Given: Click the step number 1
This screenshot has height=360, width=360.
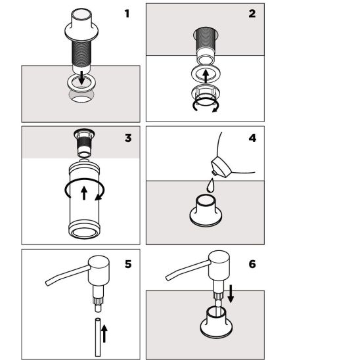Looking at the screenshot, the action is pyautogui.click(x=127, y=14).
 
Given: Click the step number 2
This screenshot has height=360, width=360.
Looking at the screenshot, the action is pyautogui.click(x=252, y=14).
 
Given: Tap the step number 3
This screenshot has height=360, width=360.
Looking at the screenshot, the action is pyautogui.click(x=128, y=138).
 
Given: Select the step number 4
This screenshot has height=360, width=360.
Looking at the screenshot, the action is pyautogui.click(x=252, y=138).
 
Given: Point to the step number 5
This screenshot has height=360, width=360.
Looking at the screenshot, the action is pyautogui.click(x=128, y=264).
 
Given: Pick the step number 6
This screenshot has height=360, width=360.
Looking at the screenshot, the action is pyautogui.click(x=252, y=264).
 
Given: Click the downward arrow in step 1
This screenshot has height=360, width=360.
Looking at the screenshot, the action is pyautogui.click(x=81, y=78).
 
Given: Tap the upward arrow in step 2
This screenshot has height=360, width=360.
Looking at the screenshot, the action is pyautogui.click(x=206, y=76).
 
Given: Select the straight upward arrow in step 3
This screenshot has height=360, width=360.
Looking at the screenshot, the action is pyautogui.click(x=84, y=193).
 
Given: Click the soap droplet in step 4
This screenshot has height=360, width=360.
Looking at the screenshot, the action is pyautogui.click(x=210, y=185).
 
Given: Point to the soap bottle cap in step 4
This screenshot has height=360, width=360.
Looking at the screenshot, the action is pyautogui.click(x=221, y=167).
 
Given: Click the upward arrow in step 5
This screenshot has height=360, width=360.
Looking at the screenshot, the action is pyautogui.click(x=104, y=334).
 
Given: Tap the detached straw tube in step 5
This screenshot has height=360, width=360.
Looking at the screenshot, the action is pyautogui.click(x=98, y=337).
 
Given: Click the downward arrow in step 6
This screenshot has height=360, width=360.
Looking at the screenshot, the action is pyautogui.click(x=231, y=294).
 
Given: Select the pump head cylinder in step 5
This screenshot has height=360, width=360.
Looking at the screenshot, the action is pyautogui.click(x=99, y=271).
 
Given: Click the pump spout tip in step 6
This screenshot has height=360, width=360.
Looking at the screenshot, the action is pyautogui.click(x=168, y=278).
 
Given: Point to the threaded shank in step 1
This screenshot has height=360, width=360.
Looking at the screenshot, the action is pyautogui.click(x=81, y=53).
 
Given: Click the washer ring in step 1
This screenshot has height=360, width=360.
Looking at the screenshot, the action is pyautogui.click(x=81, y=83).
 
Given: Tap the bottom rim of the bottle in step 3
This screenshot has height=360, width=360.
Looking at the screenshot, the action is pyautogui.click(x=84, y=233).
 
